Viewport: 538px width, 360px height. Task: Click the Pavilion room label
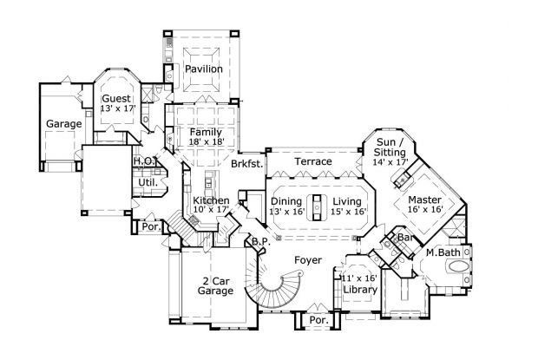[x=203, y=69]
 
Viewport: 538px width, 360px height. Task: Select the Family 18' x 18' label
[x=207, y=135]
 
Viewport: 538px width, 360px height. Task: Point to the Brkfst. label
[x=246, y=164]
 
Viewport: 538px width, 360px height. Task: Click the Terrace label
[x=313, y=161]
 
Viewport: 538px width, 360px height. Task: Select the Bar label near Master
[x=403, y=237]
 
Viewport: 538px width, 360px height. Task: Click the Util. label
[x=147, y=182]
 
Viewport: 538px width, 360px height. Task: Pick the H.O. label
[x=143, y=161]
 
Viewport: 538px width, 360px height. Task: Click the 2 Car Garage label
[x=215, y=285]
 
